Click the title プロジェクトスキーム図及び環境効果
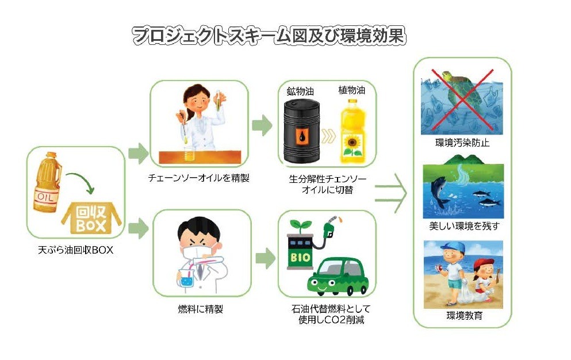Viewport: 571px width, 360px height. (x=269, y=36)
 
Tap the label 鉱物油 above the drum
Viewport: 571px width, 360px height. (x=301, y=91)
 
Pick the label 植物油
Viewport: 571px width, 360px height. (x=352, y=90)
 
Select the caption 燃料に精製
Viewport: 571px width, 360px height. (x=201, y=309)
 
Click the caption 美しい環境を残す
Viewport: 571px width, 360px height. (x=462, y=226)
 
